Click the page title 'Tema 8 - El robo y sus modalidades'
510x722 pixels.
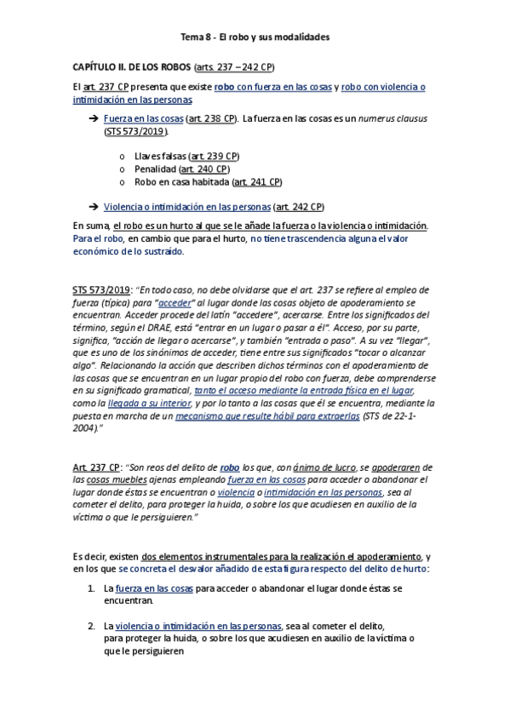(x=255, y=37)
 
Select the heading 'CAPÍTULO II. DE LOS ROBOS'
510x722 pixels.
(x=131, y=66)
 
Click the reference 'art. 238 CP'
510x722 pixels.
(x=210, y=119)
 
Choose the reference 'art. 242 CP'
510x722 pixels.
(x=298, y=206)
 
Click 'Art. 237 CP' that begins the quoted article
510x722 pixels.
(x=96, y=467)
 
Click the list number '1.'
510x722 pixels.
(x=91, y=588)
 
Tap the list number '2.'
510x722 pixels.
(x=91, y=626)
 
